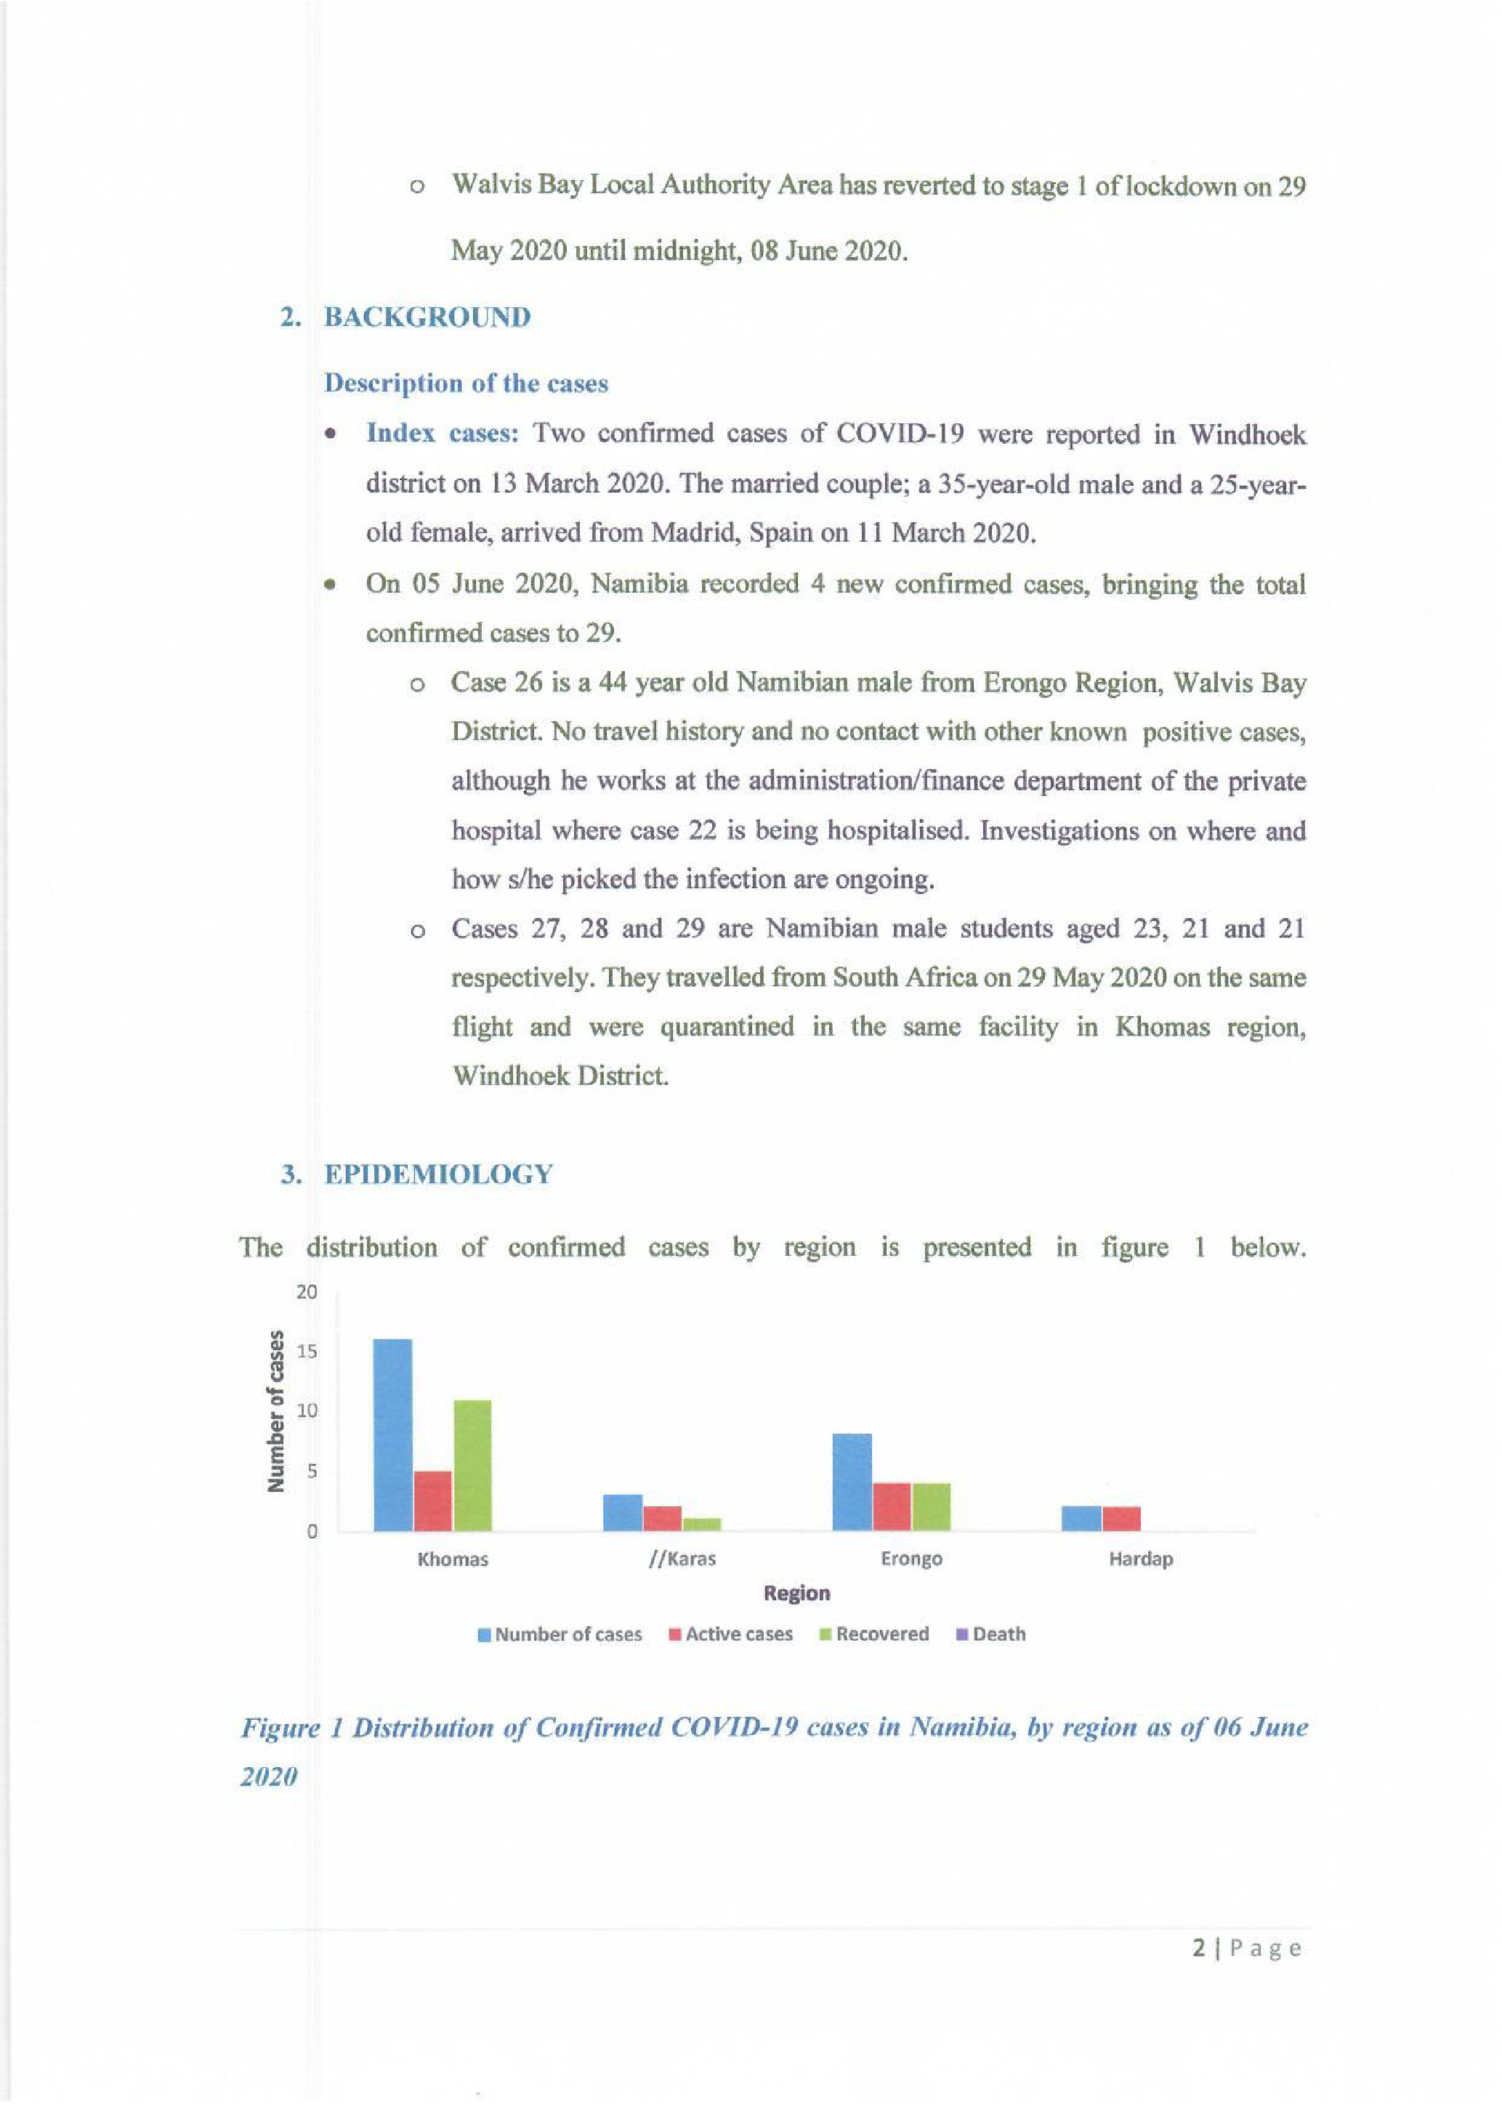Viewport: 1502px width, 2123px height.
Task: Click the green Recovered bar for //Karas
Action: click(x=702, y=1524)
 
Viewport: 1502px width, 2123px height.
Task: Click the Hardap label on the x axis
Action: click(x=1140, y=1559)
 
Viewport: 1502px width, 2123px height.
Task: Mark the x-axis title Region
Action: click(x=796, y=1594)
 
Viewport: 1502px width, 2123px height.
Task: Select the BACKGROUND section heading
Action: click(x=427, y=317)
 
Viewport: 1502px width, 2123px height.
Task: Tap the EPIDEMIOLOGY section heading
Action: click(x=438, y=1174)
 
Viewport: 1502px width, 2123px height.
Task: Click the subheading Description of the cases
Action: click(x=466, y=383)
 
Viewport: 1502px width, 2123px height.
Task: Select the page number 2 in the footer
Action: click(x=1199, y=1948)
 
